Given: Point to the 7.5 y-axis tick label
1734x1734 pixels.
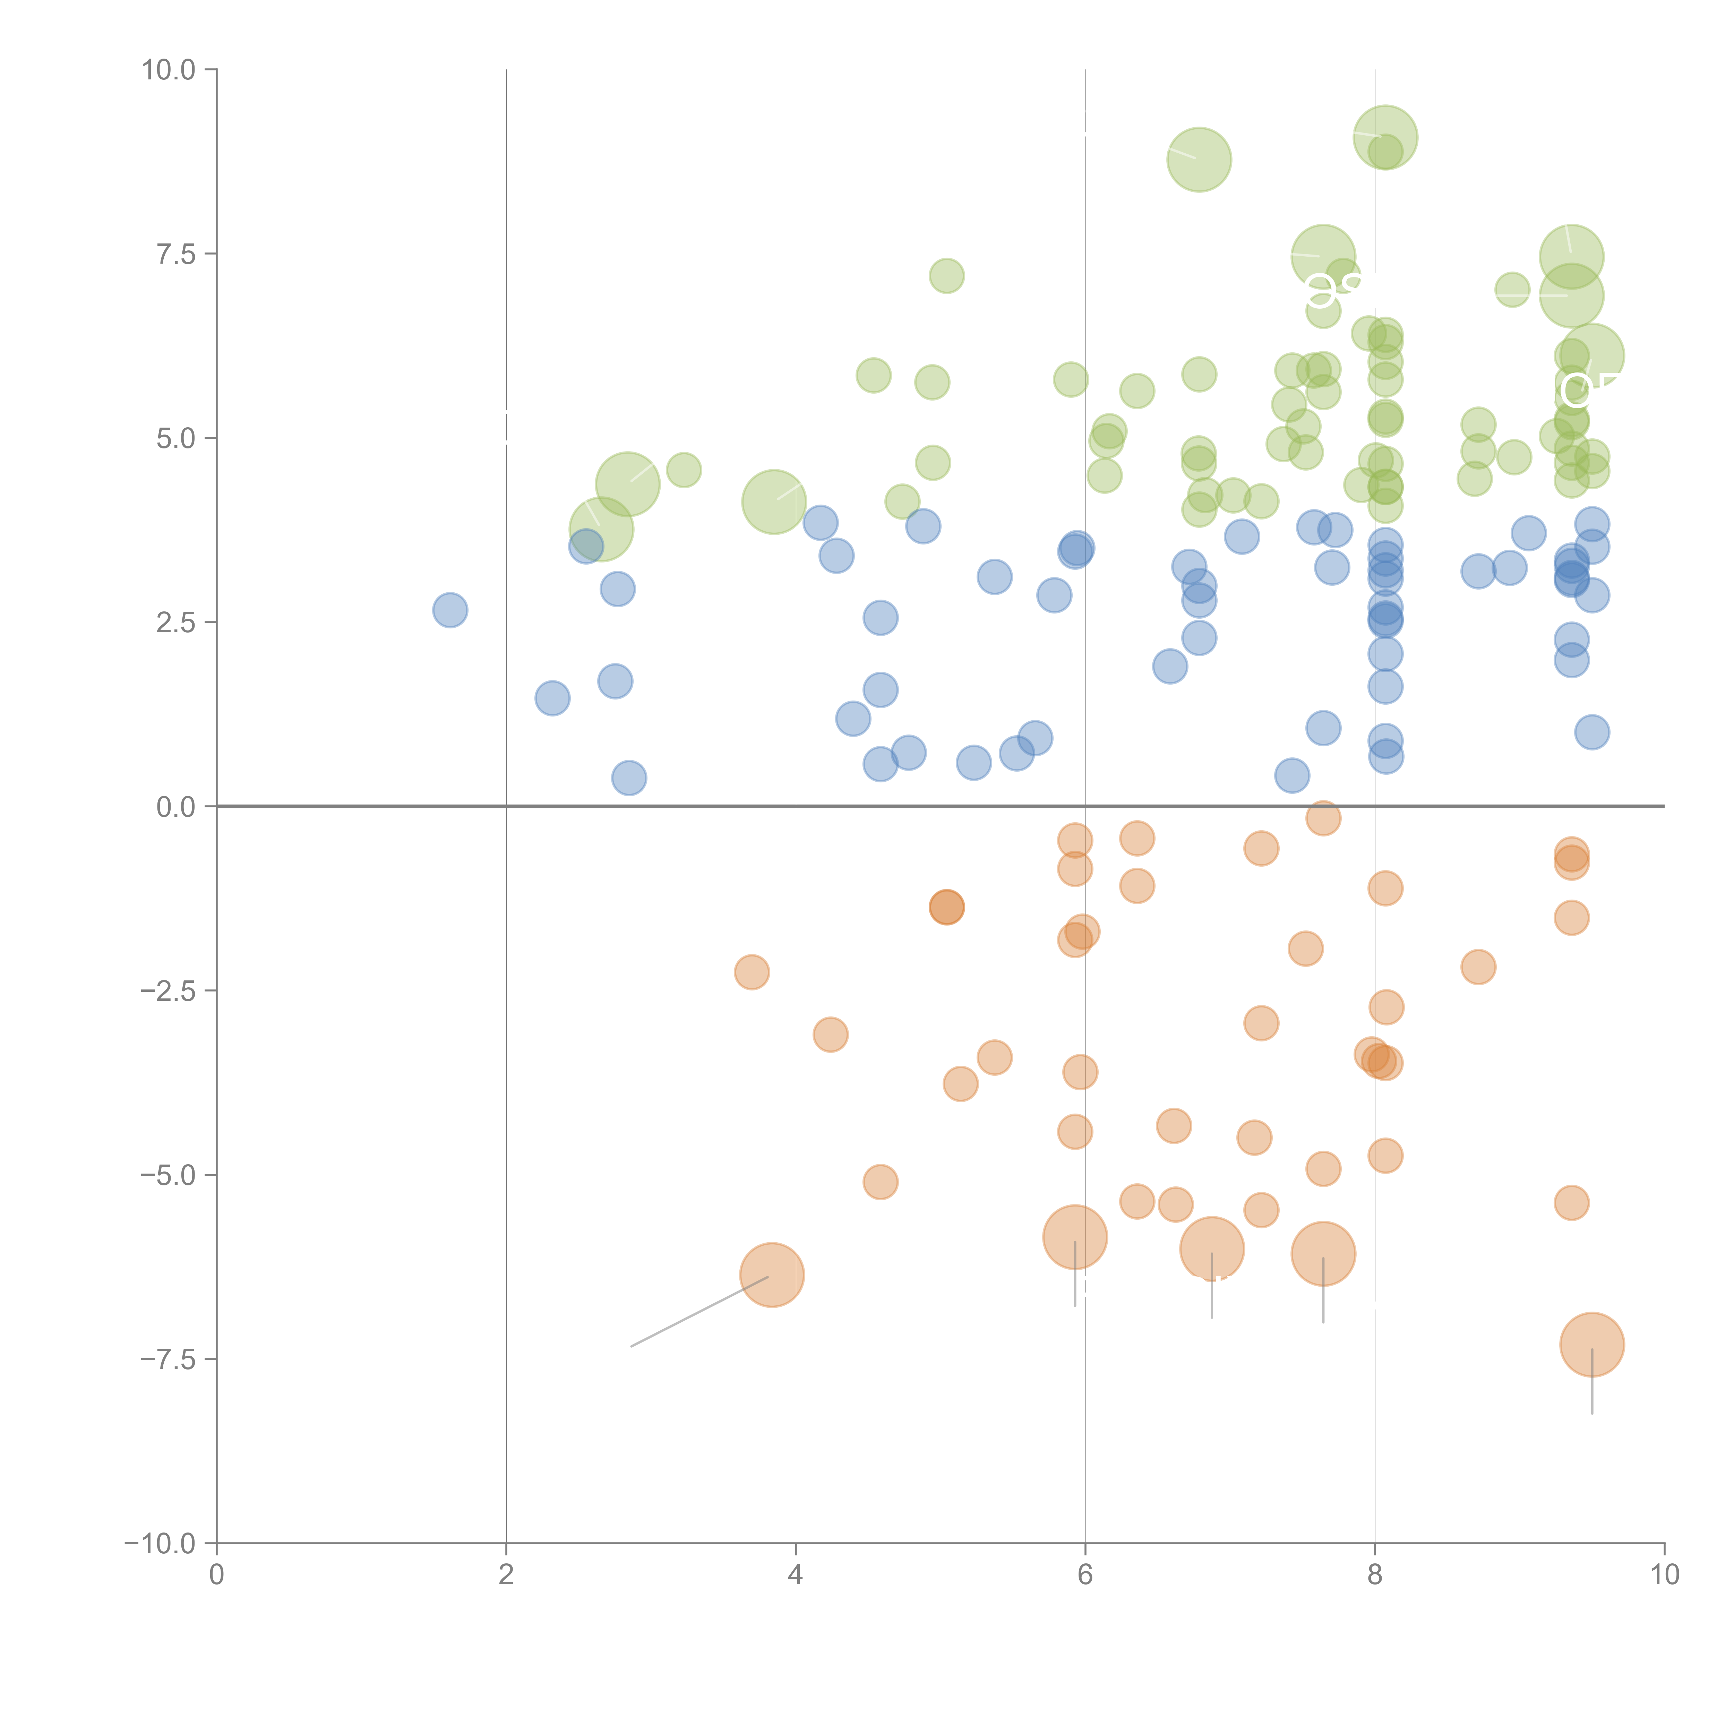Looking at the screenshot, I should (175, 254).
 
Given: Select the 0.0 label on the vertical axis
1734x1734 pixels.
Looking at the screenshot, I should (175, 807).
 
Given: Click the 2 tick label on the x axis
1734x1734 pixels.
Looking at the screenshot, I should (506, 1575).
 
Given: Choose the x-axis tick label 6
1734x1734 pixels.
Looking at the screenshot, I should (1085, 1575).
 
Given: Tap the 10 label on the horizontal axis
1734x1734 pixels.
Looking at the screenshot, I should (1664, 1575).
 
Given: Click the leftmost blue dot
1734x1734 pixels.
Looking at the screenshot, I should (450, 610).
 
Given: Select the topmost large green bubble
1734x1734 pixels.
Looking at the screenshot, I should (1385, 137).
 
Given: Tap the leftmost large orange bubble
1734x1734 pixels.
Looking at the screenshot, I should (772, 1274).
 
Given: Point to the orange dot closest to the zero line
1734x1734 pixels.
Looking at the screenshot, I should (1323, 818).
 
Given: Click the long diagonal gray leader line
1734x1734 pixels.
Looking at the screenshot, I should (700, 1311).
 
